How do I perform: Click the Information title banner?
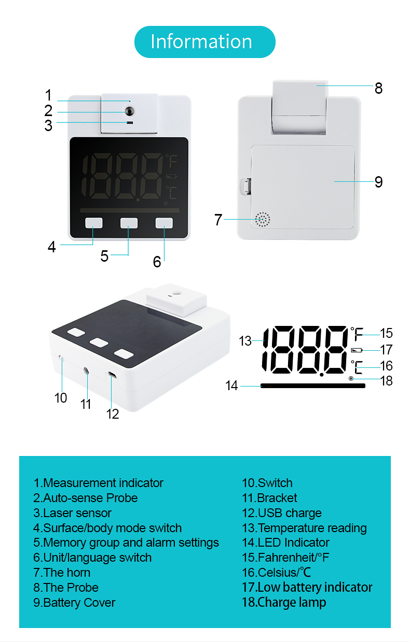pos(204,42)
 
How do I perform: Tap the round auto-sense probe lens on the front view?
pos(130,111)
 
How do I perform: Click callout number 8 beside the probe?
pos(378,88)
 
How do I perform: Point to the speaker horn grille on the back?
pos(263,220)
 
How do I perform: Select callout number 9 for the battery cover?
pos(379,182)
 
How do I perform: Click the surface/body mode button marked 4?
pos(94,223)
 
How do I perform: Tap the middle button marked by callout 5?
pos(129,223)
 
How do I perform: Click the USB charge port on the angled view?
pos(112,375)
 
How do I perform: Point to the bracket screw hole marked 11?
pos(86,371)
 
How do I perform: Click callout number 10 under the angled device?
pos(61,398)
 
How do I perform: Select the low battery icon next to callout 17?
pos(357,350)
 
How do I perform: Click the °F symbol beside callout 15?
pos(357,334)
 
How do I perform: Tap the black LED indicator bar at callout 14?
pos(313,386)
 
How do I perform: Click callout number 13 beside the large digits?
pos(245,341)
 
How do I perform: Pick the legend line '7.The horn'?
pos(62,573)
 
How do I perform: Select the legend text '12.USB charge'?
pos(282,513)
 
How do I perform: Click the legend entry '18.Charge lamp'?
pos(284,602)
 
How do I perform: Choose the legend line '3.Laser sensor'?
pos(72,513)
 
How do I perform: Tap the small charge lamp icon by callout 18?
pos(351,378)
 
